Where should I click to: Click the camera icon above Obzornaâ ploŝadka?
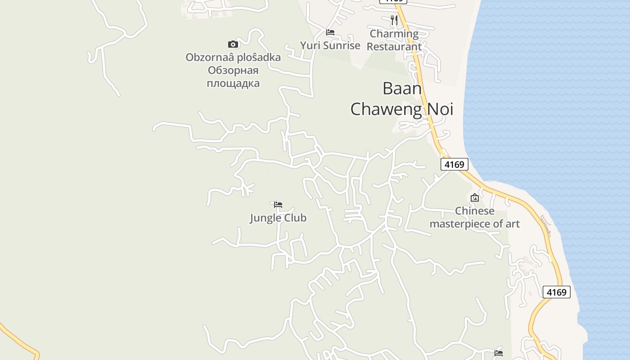click(233, 44)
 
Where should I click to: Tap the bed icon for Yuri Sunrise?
click(330, 32)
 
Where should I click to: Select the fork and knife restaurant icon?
click(394, 20)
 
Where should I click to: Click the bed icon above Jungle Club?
click(278, 205)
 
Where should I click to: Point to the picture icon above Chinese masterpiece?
click(475, 198)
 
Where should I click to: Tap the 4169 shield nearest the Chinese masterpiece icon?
click(454, 164)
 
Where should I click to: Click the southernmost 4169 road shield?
click(557, 292)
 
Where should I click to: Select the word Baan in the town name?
click(402, 89)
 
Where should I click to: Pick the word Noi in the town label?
click(440, 109)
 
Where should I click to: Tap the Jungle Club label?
click(278, 218)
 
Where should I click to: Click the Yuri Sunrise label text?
click(330, 45)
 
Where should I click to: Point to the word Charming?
click(394, 34)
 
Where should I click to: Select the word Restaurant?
click(394, 46)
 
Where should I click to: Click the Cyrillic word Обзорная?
click(233, 71)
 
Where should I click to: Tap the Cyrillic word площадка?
click(233, 83)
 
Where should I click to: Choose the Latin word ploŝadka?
click(259, 58)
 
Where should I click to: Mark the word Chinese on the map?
click(475, 211)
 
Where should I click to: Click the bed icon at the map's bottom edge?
click(499, 353)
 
